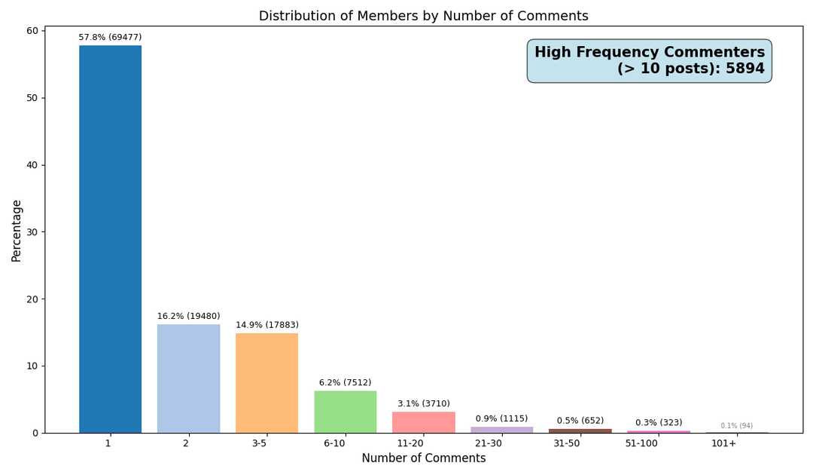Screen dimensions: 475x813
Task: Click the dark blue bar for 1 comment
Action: (110, 239)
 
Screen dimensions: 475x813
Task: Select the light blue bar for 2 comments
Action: (188, 378)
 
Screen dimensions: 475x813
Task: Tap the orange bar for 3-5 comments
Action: (266, 383)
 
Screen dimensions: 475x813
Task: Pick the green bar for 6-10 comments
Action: (345, 412)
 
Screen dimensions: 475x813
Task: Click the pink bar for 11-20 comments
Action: (423, 422)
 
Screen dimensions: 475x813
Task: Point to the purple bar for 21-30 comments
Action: (501, 430)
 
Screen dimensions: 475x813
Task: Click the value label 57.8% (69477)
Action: (110, 38)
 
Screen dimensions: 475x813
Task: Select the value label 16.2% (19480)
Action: (188, 317)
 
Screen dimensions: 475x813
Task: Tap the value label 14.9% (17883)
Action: (266, 326)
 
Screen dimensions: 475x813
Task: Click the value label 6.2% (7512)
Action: (345, 383)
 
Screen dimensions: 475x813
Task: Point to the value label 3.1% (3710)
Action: (423, 404)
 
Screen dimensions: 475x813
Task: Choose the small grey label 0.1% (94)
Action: (736, 426)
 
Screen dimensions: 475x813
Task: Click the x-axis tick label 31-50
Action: (566, 443)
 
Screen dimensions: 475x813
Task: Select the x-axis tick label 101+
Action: (724, 443)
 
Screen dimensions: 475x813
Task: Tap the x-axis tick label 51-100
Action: (642, 443)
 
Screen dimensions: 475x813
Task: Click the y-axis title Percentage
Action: (17, 231)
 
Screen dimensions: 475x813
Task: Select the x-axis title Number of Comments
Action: (423, 458)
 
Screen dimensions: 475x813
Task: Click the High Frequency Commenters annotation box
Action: (649, 61)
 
